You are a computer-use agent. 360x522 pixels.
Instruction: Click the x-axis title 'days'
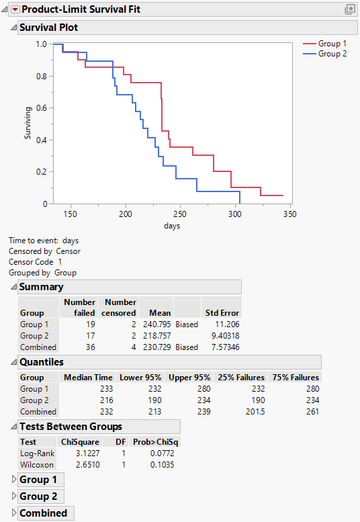click(x=171, y=226)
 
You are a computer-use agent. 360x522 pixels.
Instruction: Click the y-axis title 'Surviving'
click(x=28, y=123)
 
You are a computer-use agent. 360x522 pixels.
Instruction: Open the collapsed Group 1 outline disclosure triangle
click(x=13, y=480)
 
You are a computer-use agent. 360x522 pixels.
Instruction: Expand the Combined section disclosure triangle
click(x=13, y=513)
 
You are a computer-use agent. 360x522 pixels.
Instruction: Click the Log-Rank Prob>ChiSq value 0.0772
click(x=168, y=454)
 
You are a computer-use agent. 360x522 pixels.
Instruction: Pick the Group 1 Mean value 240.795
click(x=156, y=324)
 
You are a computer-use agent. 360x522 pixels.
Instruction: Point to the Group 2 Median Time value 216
click(x=103, y=400)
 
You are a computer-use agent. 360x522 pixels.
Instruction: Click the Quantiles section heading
click(x=42, y=361)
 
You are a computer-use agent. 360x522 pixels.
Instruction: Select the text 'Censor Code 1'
click(x=35, y=262)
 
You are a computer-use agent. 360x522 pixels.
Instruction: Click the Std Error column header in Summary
click(x=222, y=313)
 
